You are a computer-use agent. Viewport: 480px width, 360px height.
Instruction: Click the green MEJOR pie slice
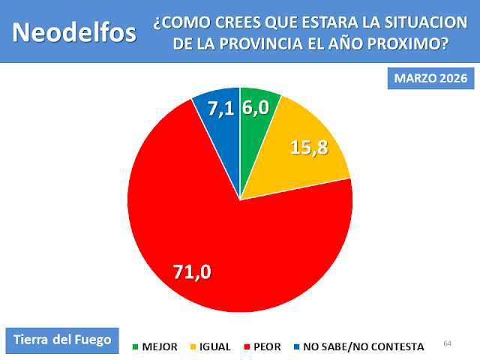256,127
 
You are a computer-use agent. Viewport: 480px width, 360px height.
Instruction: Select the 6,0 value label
256,108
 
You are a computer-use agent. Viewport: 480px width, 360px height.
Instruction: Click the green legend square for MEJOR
136,346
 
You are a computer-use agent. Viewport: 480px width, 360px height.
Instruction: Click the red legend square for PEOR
247,346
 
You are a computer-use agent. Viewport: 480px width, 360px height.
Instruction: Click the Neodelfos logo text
75,32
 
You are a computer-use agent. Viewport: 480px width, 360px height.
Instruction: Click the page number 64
448,343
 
